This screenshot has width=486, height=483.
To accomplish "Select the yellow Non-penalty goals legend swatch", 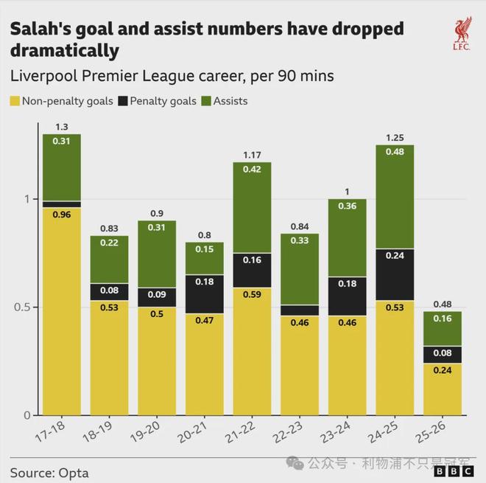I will [15, 101].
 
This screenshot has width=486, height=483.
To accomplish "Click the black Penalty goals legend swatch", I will [121, 101].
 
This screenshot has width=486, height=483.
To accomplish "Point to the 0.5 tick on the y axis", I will [22, 307].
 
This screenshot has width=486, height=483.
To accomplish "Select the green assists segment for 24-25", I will [395, 197].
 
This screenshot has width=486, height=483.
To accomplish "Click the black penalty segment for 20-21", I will [204, 294].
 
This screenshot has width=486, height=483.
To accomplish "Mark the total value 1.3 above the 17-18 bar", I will [62, 128].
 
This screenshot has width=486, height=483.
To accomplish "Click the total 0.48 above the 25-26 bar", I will [443, 305].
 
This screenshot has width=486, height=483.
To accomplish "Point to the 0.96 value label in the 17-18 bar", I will [62, 215].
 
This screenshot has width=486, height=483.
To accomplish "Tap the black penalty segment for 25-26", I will [443, 354].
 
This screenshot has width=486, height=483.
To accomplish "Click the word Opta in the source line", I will [74, 471].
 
